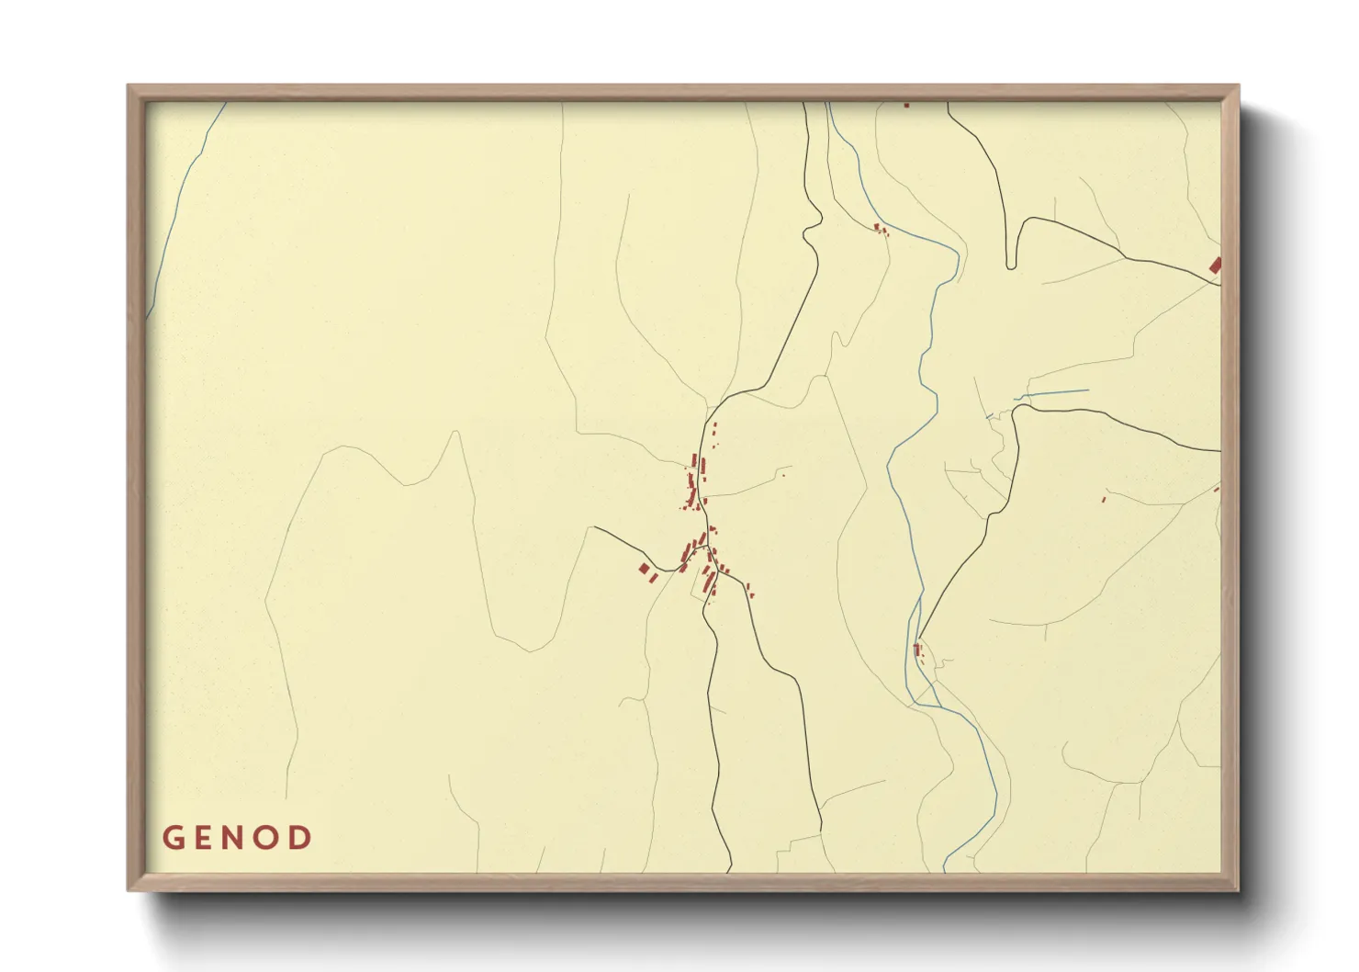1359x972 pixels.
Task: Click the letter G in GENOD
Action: click(x=172, y=838)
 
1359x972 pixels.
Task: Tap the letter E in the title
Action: click(x=204, y=838)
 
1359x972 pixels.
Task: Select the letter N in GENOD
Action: click(x=237, y=838)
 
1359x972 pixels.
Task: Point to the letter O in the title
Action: click(x=270, y=838)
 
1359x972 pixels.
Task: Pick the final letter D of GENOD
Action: click(x=302, y=838)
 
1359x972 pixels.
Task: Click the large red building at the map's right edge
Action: click(x=1215, y=266)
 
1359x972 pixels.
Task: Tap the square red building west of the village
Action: click(x=644, y=570)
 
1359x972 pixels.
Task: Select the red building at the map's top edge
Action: click(x=906, y=105)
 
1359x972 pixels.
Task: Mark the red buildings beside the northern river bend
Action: click(x=880, y=228)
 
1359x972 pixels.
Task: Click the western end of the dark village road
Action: click(x=595, y=527)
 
